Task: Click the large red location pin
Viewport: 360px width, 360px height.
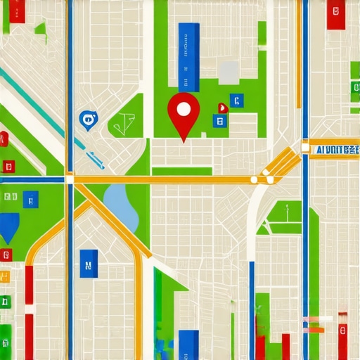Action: click(x=184, y=112)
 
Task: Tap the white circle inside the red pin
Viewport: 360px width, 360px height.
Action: click(x=184, y=109)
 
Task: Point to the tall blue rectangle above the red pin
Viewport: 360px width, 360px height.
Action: click(x=188, y=56)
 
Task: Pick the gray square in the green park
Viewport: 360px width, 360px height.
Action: click(x=229, y=72)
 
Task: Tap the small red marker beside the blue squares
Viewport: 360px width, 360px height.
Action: click(x=223, y=108)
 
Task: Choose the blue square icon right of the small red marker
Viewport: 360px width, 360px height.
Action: click(x=237, y=101)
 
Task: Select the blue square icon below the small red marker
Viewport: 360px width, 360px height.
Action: click(x=220, y=122)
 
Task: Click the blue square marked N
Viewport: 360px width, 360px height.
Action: click(x=89, y=264)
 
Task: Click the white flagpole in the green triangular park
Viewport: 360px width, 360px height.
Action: click(x=287, y=211)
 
